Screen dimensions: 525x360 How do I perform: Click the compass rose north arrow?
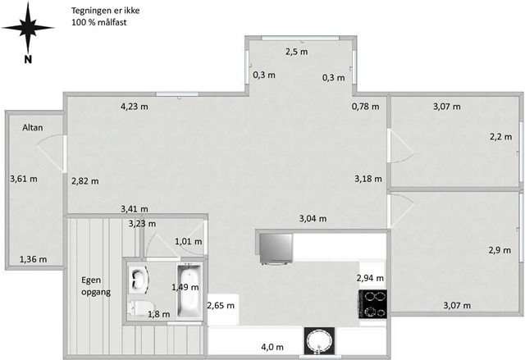(x=28, y=28)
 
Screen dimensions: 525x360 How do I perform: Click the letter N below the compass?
(x=28, y=60)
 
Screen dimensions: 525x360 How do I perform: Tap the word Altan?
(x=33, y=127)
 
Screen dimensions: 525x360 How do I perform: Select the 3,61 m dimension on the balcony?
(x=24, y=179)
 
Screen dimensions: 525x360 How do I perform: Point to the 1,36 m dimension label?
(x=33, y=259)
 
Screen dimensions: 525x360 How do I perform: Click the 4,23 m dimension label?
(x=135, y=107)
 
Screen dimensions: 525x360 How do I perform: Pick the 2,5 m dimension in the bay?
(x=297, y=52)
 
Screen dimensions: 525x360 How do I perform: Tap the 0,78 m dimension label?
(x=366, y=107)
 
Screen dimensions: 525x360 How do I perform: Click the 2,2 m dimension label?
(x=501, y=137)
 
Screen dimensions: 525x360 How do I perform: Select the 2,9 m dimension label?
(x=500, y=250)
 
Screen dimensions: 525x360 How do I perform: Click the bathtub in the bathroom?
(x=189, y=290)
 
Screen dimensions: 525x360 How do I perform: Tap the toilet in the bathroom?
(x=141, y=308)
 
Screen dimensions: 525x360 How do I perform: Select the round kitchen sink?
(x=319, y=340)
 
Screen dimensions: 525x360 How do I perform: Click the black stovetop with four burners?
(x=372, y=303)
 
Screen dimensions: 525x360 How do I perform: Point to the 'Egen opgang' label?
(x=96, y=286)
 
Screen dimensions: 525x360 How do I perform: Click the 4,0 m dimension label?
(x=272, y=347)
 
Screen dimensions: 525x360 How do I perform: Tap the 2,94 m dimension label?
(x=370, y=278)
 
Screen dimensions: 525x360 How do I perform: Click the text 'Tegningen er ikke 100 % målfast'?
(x=106, y=16)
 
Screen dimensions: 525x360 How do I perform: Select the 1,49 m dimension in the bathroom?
(x=185, y=287)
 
